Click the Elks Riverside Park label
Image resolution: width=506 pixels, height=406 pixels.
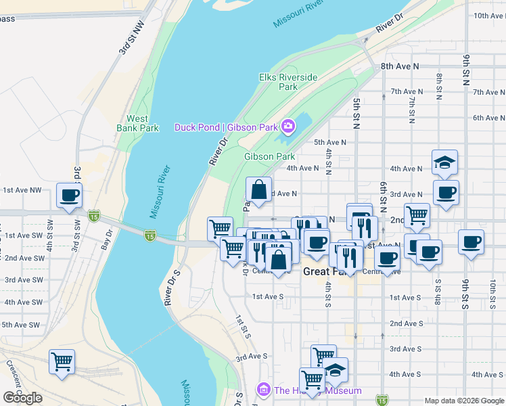[288, 82]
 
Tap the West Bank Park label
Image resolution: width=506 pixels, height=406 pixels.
[137, 123]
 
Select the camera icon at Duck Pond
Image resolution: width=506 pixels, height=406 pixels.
[289, 127]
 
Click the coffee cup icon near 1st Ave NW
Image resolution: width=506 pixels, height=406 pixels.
[70, 196]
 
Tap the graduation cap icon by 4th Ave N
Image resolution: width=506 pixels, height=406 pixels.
[444, 162]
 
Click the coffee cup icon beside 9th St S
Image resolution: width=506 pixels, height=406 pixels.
[471, 242]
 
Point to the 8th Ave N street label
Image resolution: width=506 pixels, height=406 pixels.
[400, 66]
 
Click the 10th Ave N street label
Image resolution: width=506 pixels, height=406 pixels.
[489, 16]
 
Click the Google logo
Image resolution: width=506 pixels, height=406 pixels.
[22, 398]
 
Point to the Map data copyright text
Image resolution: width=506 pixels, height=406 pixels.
[463, 401]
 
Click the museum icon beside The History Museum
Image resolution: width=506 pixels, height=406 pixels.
[263, 390]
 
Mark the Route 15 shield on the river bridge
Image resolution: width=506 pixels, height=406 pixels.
[150, 235]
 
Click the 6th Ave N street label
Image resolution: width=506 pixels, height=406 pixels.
[485, 118]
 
